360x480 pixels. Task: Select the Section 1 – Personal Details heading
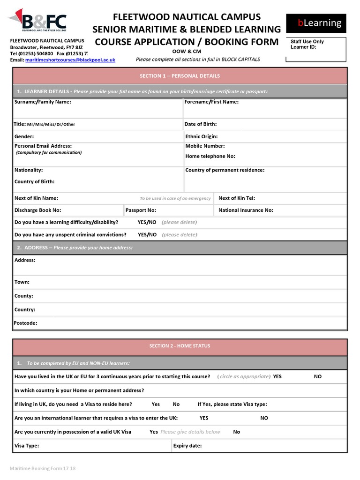click(x=180, y=76)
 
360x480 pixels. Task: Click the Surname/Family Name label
click(x=43, y=102)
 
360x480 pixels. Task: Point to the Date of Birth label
click(x=201, y=124)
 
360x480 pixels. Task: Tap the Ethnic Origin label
click(x=202, y=136)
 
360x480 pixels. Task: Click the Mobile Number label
click(x=205, y=146)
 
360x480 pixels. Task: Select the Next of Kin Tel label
click(x=237, y=198)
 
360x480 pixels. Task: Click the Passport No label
click(x=141, y=210)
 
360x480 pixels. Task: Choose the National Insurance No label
click(x=246, y=210)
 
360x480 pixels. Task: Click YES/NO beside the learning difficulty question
click(x=147, y=222)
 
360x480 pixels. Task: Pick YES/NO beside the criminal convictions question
click(x=147, y=234)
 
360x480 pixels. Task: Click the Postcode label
click(x=26, y=323)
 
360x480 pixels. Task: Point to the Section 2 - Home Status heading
click(x=180, y=346)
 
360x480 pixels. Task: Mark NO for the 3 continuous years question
click(x=318, y=376)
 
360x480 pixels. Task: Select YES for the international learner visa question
click(x=204, y=418)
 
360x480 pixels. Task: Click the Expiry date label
click(x=187, y=446)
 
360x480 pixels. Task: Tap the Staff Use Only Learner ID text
click(x=307, y=45)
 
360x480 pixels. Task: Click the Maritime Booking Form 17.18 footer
click(x=43, y=468)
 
